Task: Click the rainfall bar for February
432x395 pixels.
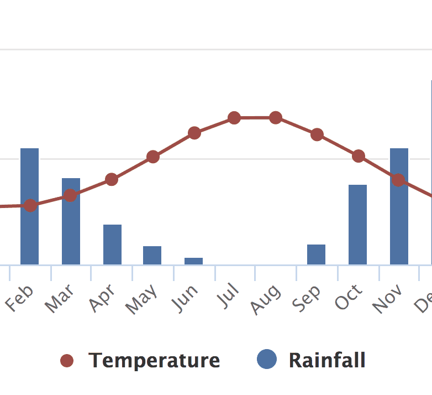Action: tap(29, 232)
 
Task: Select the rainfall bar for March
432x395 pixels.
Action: tap(71, 232)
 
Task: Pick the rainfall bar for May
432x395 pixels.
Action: tap(152, 255)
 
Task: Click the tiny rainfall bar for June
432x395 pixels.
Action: tap(193, 261)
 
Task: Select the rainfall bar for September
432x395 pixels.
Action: tap(316, 254)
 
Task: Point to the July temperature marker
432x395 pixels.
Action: tap(234, 118)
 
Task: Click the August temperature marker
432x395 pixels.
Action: tap(276, 118)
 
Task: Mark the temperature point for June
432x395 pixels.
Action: tap(194, 133)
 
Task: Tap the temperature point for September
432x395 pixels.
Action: tap(317, 134)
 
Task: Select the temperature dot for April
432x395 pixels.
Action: tap(112, 179)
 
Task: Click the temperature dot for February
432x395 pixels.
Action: tap(30, 206)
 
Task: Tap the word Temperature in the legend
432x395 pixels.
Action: tap(154, 361)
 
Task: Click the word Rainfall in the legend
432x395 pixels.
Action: tap(327, 361)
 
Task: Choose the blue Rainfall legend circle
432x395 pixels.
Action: tap(267, 360)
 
